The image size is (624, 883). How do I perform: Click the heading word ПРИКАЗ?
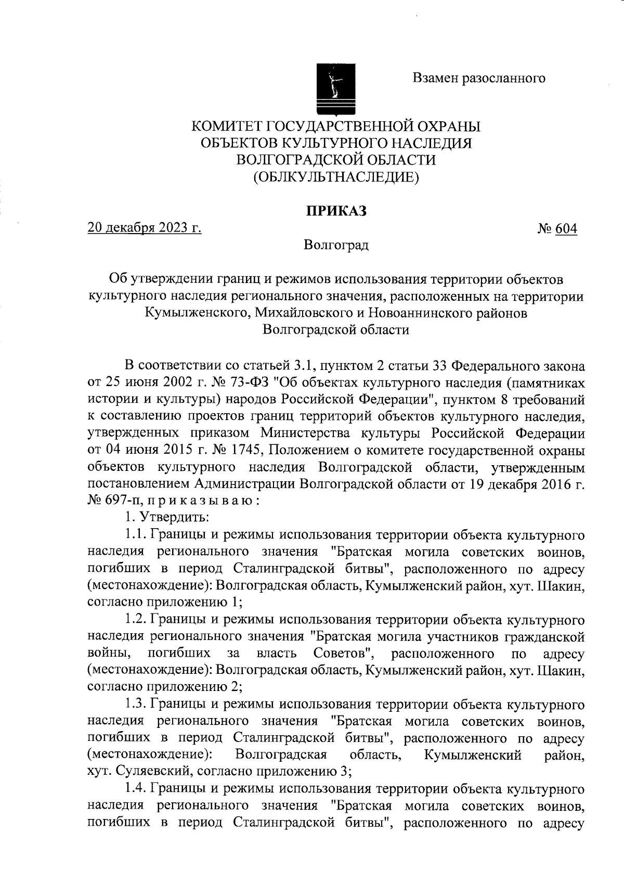point(336,211)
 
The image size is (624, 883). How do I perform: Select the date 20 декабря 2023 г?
point(145,228)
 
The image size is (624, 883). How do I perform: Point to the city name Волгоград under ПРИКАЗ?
point(336,245)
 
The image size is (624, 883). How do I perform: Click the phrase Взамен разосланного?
point(479,78)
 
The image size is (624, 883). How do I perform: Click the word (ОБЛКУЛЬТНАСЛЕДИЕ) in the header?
point(336,177)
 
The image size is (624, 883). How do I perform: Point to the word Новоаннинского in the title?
point(408,313)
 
